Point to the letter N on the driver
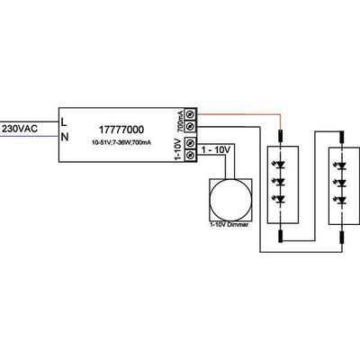pos(64,137)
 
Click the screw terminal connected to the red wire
pos(190,114)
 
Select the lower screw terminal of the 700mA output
pos(190,128)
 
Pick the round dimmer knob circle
pos(226,196)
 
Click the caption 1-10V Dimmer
pos(227,222)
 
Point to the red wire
pos(243,115)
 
